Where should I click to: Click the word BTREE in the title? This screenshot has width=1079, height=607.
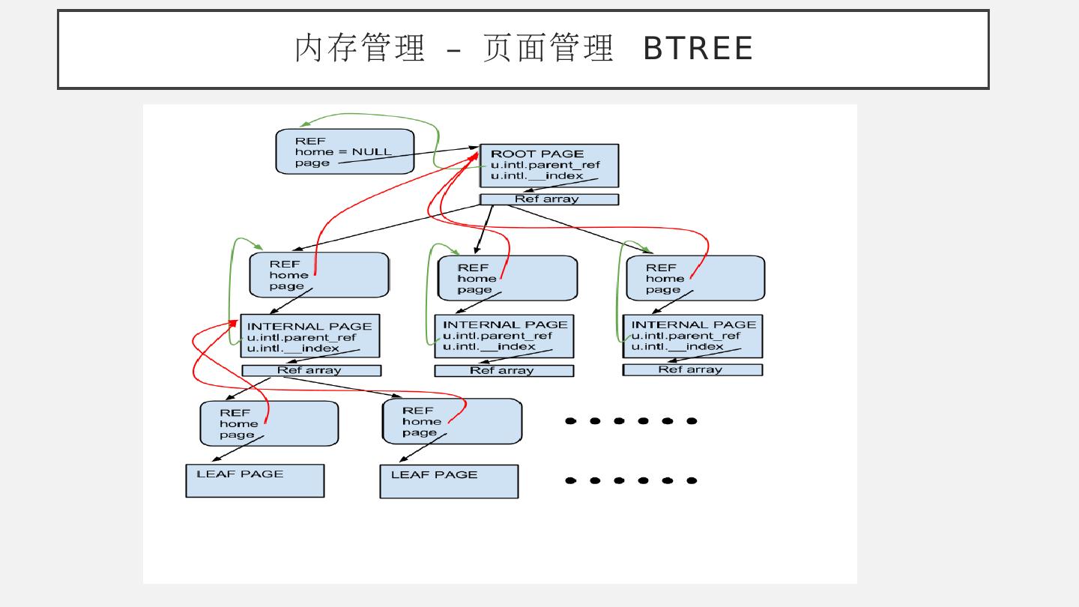click(698, 49)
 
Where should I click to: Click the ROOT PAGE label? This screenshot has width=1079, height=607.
click(537, 154)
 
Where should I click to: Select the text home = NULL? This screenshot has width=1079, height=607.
click(343, 151)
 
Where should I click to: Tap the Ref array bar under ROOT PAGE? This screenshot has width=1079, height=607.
click(548, 199)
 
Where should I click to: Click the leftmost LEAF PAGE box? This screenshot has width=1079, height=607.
click(255, 480)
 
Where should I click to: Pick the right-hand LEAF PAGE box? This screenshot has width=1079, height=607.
click(449, 481)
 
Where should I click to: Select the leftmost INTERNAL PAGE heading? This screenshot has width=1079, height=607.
click(309, 327)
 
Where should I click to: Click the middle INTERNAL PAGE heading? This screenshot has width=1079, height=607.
click(505, 324)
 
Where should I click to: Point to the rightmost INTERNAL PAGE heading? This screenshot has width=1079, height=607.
click(694, 324)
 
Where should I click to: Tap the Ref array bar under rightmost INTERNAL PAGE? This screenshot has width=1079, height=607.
click(692, 369)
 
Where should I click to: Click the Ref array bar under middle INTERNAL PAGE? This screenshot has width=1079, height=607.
click(504, 370)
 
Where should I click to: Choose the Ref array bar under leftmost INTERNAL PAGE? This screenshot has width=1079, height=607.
click(311, 370)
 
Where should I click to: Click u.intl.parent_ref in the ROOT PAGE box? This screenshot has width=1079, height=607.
click(545, 165)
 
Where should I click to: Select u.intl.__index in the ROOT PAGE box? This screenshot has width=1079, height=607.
click(537, 176)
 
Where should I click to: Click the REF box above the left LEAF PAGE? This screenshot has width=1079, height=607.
click(269, 423)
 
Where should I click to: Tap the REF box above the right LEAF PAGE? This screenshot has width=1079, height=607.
click(452, 421)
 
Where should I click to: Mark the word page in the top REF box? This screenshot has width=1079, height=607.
click(312, 163)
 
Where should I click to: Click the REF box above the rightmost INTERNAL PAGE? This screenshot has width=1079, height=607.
click(695, 278)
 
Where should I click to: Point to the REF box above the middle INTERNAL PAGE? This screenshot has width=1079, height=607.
click(507, 278)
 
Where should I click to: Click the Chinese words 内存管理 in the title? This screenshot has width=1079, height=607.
click(360, 49)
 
